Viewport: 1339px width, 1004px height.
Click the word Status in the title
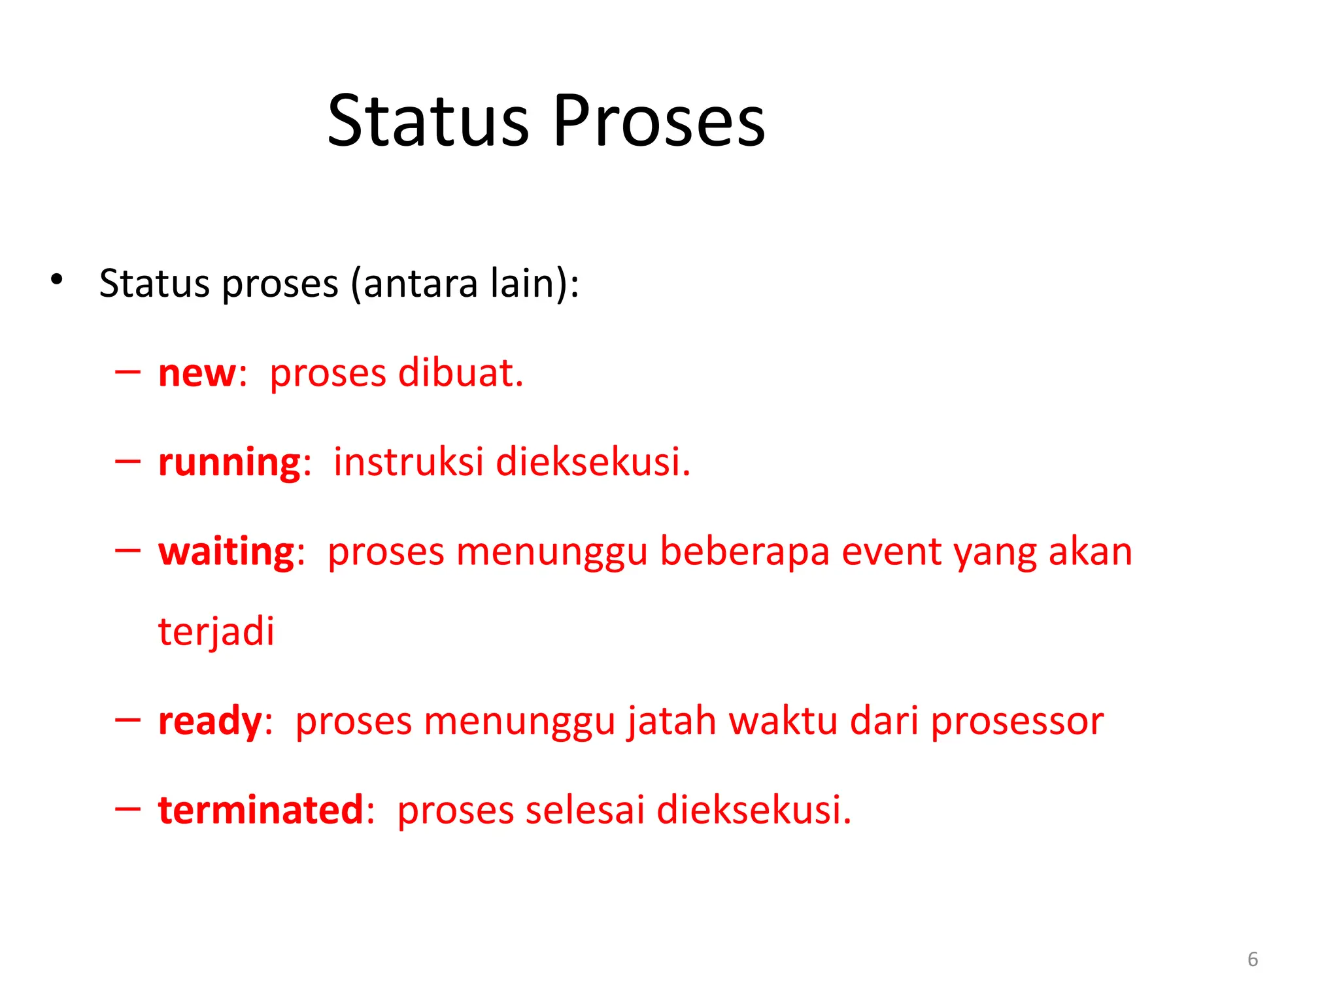pos(428,122)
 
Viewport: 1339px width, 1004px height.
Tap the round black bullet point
pos(57,280)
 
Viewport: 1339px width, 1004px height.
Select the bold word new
pos(197,374)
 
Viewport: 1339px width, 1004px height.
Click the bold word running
pos(229,463)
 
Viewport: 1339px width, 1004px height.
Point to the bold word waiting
pos(227,552)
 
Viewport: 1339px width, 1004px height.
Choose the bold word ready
pos(210,722)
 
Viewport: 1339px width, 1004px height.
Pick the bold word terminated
pos(261,811)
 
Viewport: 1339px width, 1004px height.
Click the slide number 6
pos(1253,959)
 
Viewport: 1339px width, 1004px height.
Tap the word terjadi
pos(216,632)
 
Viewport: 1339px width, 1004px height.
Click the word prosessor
pos(1017,722)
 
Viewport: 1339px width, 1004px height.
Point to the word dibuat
pos(460,373)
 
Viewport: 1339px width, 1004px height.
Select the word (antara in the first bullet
pos(415,284)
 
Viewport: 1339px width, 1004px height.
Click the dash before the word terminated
pos(127,810)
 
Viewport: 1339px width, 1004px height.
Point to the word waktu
pos(783,722)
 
